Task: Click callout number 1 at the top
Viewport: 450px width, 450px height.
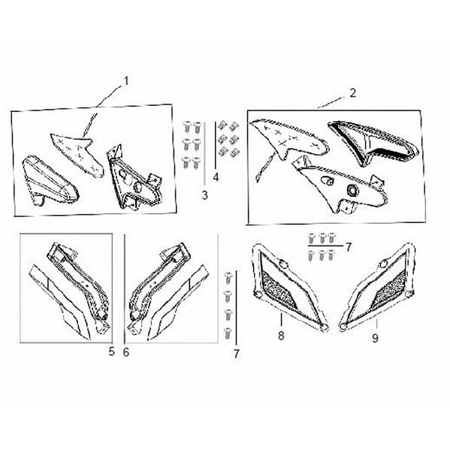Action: pyautogui.click(x=126, y=80)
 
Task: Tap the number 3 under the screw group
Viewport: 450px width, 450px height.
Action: pyautogui.click(x=204, y=196)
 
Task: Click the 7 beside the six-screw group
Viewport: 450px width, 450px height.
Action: pyautogui.click(x=349, y=246)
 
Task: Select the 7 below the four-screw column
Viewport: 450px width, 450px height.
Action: pyautogui.click(x=236, y=353)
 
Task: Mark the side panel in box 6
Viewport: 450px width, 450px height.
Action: pyautogui.click(x=168, y=282)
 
